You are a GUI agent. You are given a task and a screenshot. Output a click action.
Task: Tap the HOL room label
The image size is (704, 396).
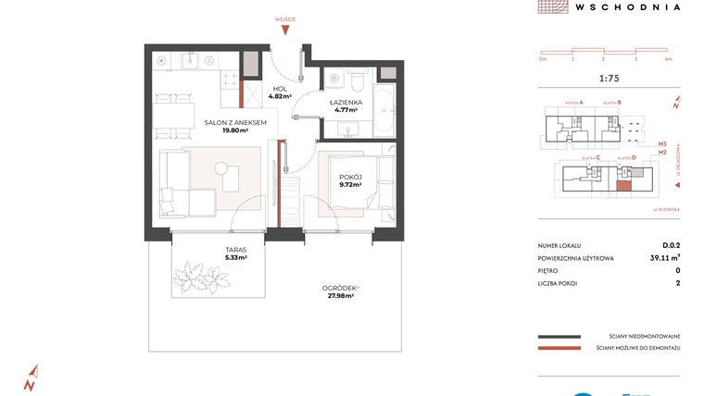280,88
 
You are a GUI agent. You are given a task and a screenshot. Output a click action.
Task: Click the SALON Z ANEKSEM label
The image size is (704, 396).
237,122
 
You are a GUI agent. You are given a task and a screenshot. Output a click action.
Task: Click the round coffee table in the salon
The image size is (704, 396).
220,167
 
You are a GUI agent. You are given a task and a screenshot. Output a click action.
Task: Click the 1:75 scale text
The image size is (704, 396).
610,79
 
